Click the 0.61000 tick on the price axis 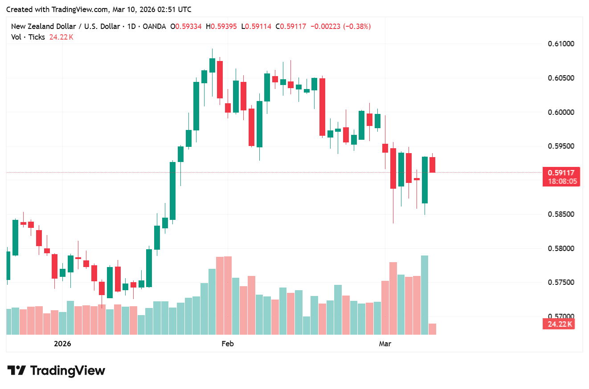click(x=560, y=44)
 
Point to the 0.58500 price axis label click(x=560, y=214)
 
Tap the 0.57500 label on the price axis click(x=560, y=282)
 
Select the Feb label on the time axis click(x=227, y=344)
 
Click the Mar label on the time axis click(x=385, y=344)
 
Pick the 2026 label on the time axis click(x=62, y=344)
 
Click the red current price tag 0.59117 click(x=561, y=173)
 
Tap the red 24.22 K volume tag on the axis click(x=559, y=324)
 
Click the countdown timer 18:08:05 click(x=561, y=181)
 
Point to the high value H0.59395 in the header click(x=221, y=26)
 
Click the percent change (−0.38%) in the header click(x=357, y=26)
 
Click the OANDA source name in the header click(x=156, y=26)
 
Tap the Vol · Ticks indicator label click(x=28, y=37)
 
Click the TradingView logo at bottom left click(x=56, y=370)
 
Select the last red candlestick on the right click(x=432, y=164)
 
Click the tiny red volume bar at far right click(x=432, y=329)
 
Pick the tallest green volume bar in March click(x=425, y=295)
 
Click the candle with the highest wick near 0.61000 click(x=212, y=65)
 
